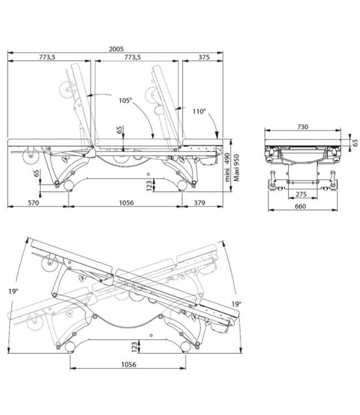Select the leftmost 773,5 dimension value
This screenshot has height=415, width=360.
[50, 58]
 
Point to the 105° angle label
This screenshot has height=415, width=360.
[126, 101]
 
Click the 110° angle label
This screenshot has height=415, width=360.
[199, 111]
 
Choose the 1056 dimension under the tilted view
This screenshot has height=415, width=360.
[127, 365]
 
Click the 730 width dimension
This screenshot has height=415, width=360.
[303, 127]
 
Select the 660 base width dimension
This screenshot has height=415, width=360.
[301, 206]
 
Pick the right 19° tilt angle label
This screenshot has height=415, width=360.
[236, 303]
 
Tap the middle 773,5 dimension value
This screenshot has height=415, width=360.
[132, 58]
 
